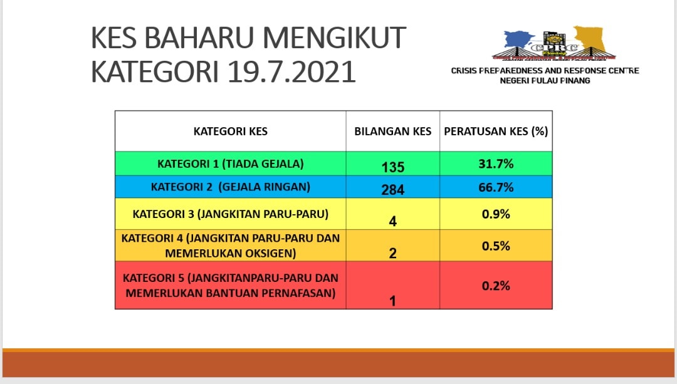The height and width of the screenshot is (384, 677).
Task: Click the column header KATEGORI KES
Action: (230, 131)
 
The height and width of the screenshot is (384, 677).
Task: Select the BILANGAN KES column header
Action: (392, 131)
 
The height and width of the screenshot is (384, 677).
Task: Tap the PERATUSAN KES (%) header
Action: (496, 131)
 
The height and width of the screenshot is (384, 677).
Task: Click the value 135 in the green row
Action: (392, 167)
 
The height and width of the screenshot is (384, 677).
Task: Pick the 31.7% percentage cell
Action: (496, 163)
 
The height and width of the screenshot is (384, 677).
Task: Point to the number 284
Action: (392, 189)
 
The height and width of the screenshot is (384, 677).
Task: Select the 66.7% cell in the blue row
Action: (496, 187)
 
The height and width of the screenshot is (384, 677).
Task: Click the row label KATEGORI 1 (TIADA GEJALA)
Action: (230, 164)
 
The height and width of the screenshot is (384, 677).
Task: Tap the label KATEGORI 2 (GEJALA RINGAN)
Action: (230, 187)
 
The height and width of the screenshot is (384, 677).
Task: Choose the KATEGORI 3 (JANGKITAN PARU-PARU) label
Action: (230, 214)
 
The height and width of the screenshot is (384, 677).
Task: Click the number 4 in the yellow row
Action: (392, 221)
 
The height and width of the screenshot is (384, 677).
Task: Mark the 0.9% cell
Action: (496, 214)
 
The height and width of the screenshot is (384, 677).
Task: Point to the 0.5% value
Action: (496, 246)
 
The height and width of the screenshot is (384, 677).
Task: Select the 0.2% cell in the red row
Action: (496, 286)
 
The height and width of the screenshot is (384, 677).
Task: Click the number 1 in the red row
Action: (392, 301)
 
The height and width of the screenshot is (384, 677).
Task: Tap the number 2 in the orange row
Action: (392, 253)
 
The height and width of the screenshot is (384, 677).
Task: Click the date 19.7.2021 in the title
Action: (291, 71)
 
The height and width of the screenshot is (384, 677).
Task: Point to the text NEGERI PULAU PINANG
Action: (545, 81)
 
